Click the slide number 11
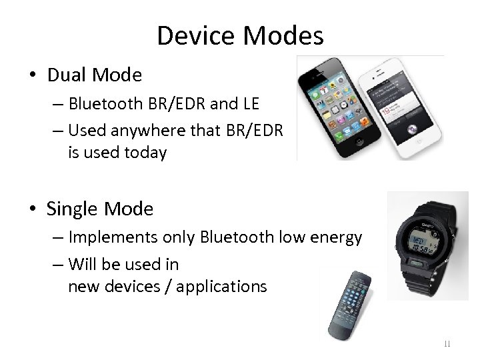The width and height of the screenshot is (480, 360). [x=447, y=344]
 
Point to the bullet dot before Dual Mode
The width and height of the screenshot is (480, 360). [x=34, y=76]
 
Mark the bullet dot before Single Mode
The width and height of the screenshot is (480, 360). [x=34, y=210]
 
